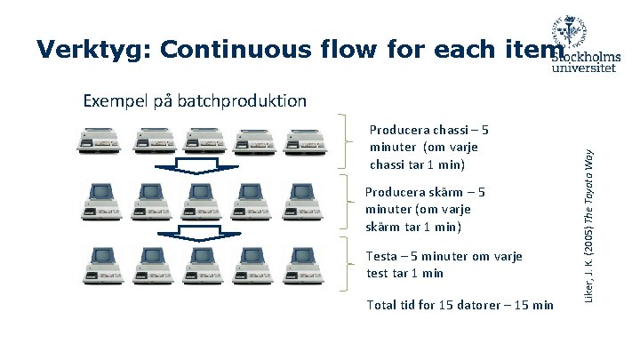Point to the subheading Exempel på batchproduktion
tap(195, 100)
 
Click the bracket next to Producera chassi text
tap(345, 142)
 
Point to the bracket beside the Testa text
tap(345, 265)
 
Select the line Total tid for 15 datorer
tap(459, 305)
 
